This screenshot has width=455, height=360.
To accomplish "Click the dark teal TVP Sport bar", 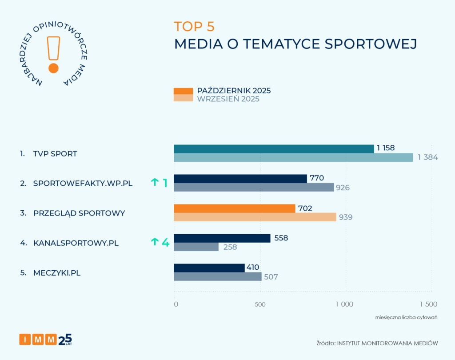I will coord(274,149).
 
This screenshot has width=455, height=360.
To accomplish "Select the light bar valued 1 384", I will coord(293,157).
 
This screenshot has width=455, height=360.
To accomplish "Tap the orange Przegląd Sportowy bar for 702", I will coord(234,208).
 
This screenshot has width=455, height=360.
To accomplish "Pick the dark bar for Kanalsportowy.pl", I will coord(222,238).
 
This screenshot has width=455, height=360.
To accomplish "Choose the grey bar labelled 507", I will coord(217,276).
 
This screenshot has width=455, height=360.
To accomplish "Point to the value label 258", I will coord(230,247).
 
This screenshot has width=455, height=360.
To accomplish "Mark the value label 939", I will coord(346,217).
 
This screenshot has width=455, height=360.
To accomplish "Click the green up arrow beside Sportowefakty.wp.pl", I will coord(154,182).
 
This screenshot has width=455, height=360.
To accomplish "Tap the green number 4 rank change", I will coord(165,242).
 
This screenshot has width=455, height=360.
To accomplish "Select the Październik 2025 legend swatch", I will coord(183,91).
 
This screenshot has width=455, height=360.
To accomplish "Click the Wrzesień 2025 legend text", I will coord(228,99).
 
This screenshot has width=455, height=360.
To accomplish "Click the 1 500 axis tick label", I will coord(428,304).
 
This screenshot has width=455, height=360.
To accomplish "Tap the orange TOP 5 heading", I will coord(194,27).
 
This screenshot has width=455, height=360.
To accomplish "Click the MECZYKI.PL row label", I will coord(56,272).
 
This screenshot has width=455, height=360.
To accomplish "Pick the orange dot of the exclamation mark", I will coord(53,68).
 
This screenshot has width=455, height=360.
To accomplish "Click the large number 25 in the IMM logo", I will coord(65,339).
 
